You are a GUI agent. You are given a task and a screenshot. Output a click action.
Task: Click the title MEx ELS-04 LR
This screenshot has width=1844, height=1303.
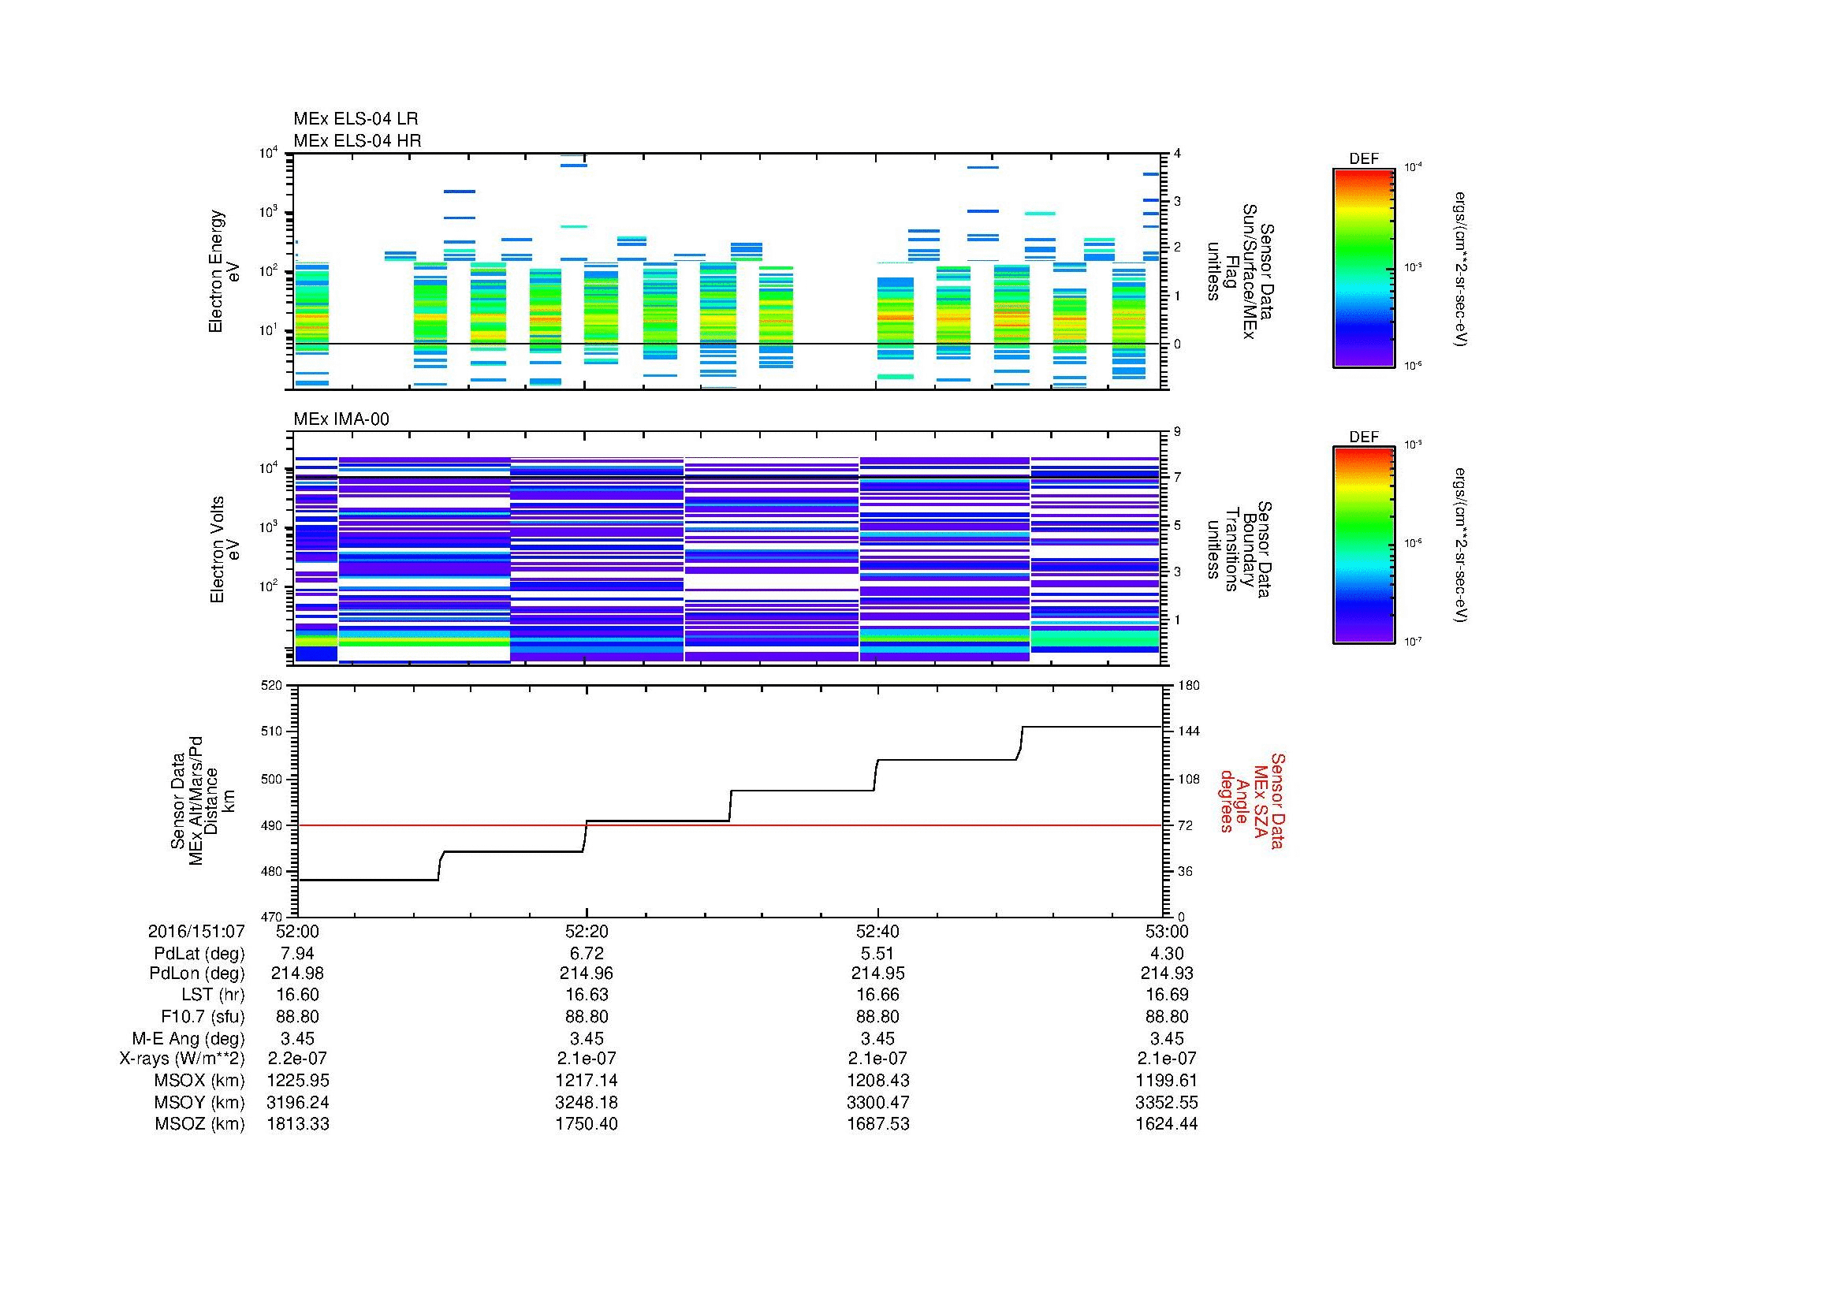coord(355,119)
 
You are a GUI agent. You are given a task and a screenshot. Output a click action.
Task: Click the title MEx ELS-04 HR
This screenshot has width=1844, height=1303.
coord(356,140)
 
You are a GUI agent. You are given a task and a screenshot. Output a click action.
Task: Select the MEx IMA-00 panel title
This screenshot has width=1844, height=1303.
coord(341,419)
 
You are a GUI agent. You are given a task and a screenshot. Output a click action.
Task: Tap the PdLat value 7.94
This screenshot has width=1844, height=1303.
coord(297,953)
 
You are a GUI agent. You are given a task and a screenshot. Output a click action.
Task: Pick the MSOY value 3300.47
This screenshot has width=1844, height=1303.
coord(877,1102)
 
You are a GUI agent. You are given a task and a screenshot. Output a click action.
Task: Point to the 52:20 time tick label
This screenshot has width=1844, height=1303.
coord(587,931)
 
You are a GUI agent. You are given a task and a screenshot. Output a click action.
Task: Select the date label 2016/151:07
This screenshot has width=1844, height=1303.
coord(196,931)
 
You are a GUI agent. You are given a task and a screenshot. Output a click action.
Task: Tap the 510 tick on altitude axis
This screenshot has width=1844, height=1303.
coord(272,732)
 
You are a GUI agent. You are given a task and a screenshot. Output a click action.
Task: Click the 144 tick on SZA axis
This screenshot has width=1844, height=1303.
coord(1188,732)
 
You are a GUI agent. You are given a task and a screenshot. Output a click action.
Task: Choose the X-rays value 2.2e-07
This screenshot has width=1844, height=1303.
coord(297,1059)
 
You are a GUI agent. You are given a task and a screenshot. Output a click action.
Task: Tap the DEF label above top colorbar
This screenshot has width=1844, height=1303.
coord(1363,159)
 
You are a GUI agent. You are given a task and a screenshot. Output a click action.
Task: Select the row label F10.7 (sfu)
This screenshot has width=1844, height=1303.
coord(203,1016)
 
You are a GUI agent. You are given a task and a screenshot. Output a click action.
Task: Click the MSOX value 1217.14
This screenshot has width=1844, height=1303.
coord(587,1081)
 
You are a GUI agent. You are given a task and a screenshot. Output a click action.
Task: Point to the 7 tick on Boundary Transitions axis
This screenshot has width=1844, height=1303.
coord(1177,478)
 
